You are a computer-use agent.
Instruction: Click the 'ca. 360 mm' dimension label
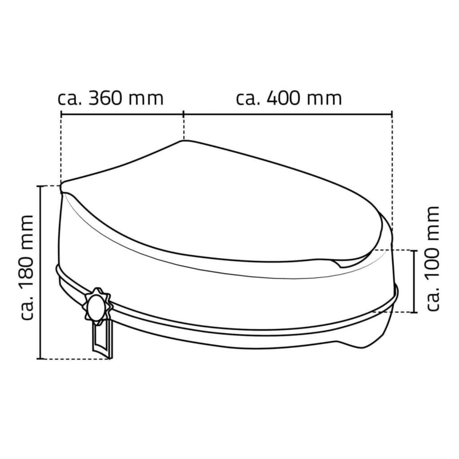tap(111, 99)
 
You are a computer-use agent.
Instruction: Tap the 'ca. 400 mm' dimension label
tap(289, 99)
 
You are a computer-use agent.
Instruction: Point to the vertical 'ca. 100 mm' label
tap(433, 258)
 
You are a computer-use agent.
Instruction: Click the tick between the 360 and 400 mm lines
tap(184, 113)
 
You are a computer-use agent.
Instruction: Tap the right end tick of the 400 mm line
tap(392, 113)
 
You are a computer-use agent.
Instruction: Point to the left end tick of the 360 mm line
tap(61, 113)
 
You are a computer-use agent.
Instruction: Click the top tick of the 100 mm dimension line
tap(414, 250)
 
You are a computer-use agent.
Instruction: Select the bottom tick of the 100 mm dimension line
tap(414, 312)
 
